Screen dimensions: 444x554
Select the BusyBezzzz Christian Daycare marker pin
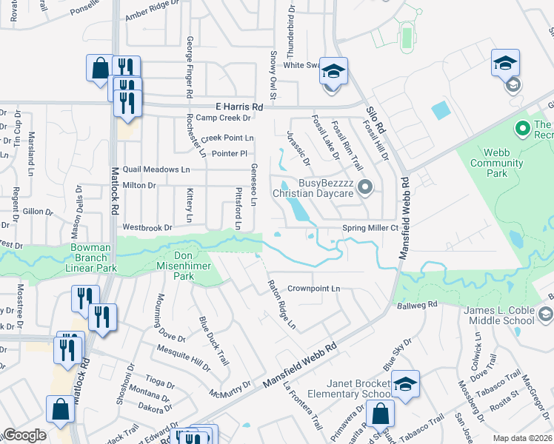tap(364, 188)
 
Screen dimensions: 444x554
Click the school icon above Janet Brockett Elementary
tap(406, 383)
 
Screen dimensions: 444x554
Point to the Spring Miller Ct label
tap(370, 228)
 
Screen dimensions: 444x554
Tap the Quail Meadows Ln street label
tap(156, 169)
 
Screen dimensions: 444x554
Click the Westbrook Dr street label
tap(147, 227)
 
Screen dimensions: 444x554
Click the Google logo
tap(24, 436)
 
